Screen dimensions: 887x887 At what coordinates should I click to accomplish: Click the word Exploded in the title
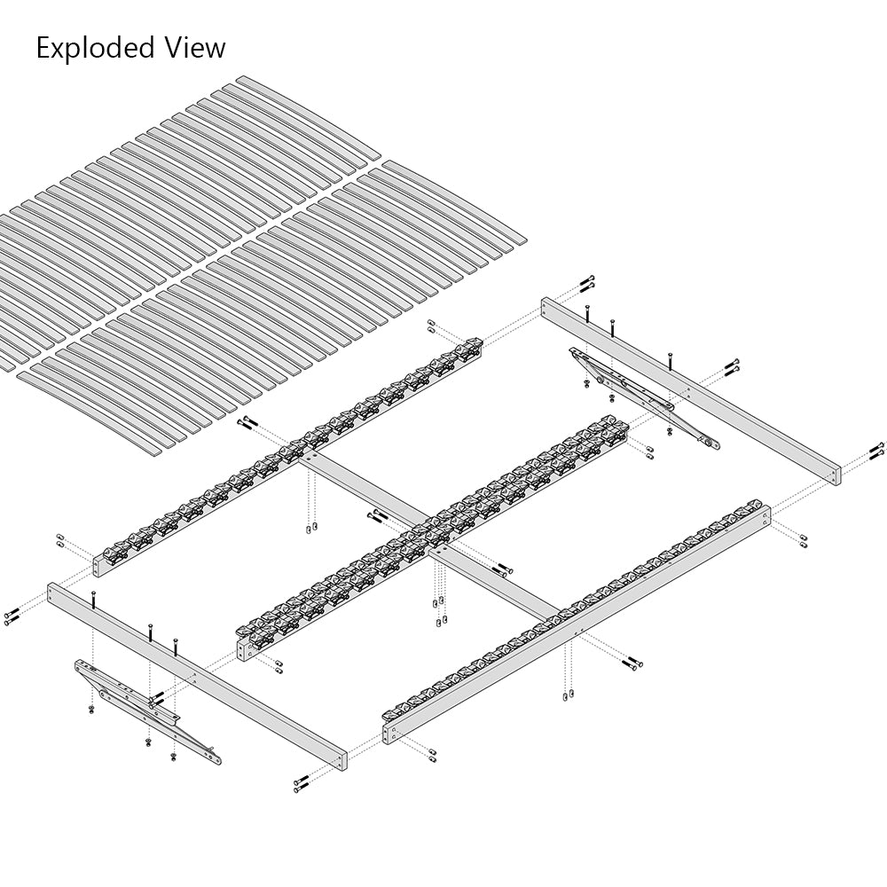[96, 47]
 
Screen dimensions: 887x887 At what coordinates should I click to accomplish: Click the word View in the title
[195, 47]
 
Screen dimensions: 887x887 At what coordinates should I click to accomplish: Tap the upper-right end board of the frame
[691, 391]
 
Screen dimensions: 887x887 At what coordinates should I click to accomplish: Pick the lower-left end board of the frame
[196, 676]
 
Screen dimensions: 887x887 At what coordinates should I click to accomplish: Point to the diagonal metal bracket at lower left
[147, 711]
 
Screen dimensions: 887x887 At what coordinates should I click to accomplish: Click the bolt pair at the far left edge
[12, 616]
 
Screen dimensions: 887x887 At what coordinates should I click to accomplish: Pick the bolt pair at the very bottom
[302, 783]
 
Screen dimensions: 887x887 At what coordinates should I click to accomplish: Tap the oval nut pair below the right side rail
[569, 695]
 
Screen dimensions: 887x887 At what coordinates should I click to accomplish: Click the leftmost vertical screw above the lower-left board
[93, 599]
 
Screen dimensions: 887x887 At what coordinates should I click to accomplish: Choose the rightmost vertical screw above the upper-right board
[671, 361]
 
